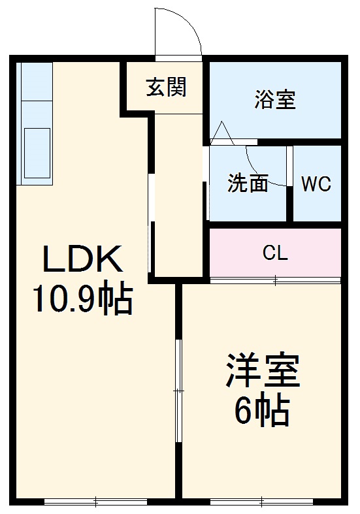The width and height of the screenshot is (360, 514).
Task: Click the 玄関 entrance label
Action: [166, 86]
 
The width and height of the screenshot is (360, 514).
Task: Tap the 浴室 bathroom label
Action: [274, 100]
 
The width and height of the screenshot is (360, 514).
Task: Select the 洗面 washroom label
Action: [248, 184]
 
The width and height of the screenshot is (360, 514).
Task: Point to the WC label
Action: [316, 184]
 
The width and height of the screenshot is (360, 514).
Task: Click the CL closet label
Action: [274, 253]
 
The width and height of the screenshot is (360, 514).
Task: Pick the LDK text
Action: [82, 261]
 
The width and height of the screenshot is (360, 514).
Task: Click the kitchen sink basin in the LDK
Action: [37, 150]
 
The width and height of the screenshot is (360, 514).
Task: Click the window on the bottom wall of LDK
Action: [95, 502]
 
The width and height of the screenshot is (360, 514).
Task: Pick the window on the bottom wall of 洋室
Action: [261, 502]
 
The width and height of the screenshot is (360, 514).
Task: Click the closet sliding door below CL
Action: [275, 281]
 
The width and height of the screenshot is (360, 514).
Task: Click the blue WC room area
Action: [317, 202]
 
